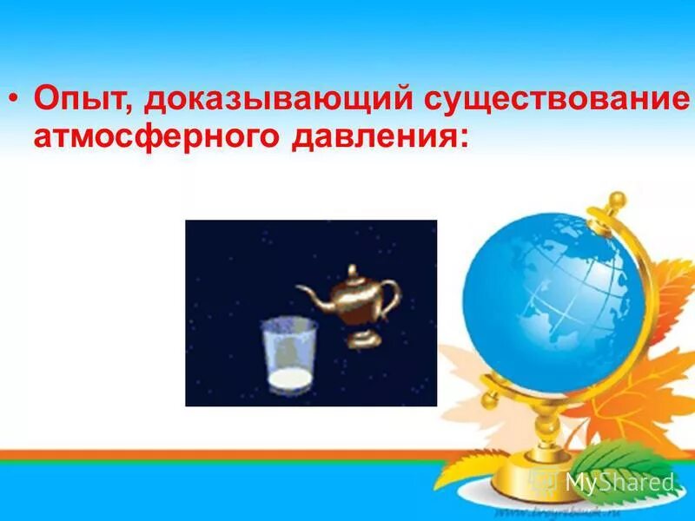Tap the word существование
(x=556, y=98)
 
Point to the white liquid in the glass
(x=289, y=380)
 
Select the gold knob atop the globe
(x=616, y=201)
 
